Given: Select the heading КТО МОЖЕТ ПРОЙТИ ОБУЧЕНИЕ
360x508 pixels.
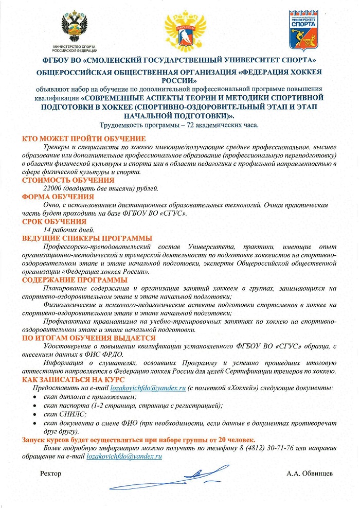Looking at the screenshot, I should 84,138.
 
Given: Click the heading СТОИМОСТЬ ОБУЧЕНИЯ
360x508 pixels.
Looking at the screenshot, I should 68,180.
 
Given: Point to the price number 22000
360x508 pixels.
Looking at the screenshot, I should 53,188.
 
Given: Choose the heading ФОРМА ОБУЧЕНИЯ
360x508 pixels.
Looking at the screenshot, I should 58,197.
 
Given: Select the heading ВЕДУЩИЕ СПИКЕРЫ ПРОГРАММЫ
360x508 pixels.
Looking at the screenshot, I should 87,238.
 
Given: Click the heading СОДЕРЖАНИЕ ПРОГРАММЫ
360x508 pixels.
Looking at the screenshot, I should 75,279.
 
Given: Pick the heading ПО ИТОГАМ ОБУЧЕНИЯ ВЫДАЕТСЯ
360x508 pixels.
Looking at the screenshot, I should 88,338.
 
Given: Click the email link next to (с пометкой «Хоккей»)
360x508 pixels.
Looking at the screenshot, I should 148,388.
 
